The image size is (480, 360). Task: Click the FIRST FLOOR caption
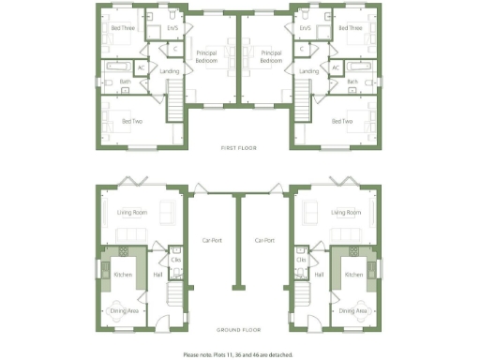pyautogui.click(x=239, y=148)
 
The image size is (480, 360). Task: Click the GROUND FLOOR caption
pyautogui.click(x=239, y=330)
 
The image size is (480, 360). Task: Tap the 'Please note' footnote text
pyautogui.click(x=238, y=355)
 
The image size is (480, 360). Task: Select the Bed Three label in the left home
pyautogui.click(x=122, y=28)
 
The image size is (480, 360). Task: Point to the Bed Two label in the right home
pyautogui.click(x=343, y=121)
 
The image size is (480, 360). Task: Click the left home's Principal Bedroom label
pyautogui.click(x=207, y=58)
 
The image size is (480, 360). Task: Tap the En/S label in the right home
pyautogui.click(x=305, y=28)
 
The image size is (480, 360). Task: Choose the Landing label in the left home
pyautogui.click(x=170, y=71)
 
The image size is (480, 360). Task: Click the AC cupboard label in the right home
pyautogui.click(x=336, y=68)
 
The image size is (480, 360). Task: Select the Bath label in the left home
pyautogui.click(x=126, y=82)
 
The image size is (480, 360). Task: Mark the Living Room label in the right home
pyautogui.click(x=347, y=213)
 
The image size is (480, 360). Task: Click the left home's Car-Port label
pyautogui.click(x=211, y=240)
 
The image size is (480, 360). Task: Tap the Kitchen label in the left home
pyautogui.click(x=123, y=275)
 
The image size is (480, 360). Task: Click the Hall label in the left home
pyautogui.click(x=158, y=275)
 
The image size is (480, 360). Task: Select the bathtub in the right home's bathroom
pyautogui.click(x=359, y=68)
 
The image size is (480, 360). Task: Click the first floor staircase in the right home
pyautogui.click(x=304, y=97)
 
